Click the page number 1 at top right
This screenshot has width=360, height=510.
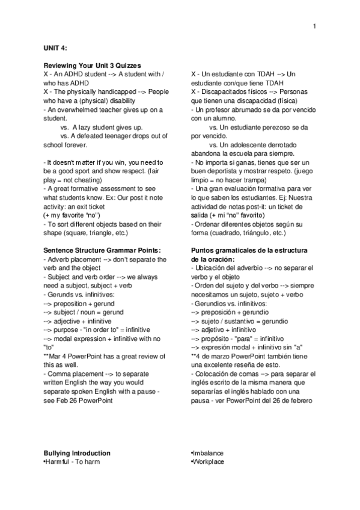click(314, 26)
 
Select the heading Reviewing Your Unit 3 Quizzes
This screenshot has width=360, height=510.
click(92, 65)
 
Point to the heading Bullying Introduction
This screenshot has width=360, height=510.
click(77, 453)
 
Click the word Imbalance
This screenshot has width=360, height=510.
click(207, 453)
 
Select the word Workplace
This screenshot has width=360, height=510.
click(208, 462)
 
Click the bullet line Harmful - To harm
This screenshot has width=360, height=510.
click(72, 462)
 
